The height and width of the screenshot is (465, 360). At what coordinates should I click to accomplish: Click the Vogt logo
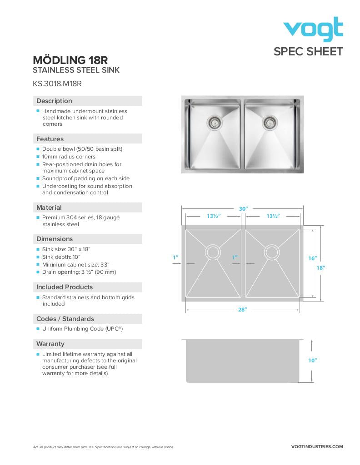[313, 30]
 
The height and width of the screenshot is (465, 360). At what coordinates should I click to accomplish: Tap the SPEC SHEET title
[308, 52]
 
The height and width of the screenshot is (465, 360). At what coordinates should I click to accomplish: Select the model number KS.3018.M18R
[57, 84]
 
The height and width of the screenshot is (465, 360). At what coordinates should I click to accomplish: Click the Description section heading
[54, 101]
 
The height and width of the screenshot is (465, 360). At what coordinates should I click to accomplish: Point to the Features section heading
[50, 139]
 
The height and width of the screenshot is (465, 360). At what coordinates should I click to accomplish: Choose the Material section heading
[49, 208]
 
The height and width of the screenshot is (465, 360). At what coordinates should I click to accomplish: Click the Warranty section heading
[50, 344]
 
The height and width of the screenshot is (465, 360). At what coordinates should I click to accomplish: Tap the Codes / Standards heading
[65, 319]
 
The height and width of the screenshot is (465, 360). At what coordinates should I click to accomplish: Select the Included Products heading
[65, 287]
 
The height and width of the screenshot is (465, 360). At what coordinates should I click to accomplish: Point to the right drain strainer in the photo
[270, 122]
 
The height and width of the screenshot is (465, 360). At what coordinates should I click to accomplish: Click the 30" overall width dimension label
[243, 209]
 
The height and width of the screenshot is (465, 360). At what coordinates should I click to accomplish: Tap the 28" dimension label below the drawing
[242, 310]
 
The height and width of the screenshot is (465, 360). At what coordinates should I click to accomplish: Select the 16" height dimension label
[312, 258]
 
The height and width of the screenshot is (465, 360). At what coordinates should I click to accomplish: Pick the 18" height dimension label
[321, 268]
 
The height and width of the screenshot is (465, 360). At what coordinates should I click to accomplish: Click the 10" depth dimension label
[312, 361]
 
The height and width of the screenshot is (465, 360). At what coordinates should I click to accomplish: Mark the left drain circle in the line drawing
[213, 252]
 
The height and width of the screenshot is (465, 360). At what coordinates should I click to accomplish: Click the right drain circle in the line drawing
[272, 252]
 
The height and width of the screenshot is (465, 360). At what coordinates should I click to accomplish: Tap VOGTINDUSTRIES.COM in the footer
[317, 447]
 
